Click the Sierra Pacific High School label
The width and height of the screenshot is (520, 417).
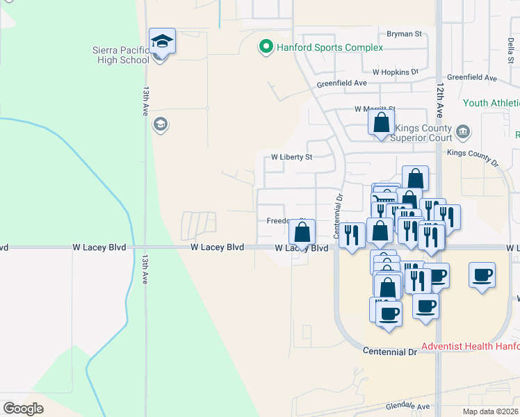point(121,55)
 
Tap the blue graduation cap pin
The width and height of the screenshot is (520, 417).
point(162,42)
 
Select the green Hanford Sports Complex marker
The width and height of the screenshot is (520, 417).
point(265,47)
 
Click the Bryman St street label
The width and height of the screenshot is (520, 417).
point(405,33)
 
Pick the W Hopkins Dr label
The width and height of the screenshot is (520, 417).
point(395,72)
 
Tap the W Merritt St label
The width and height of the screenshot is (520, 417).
point(374,109)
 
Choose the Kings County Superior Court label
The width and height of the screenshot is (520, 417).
point(423,133)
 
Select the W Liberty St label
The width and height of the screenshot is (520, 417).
point(291,157)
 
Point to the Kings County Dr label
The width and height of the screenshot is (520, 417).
point(473,156)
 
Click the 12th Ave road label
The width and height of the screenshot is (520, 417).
point(440,97)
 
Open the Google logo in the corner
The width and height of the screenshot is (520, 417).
point(23,408)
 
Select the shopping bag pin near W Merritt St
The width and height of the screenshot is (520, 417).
point(381,123)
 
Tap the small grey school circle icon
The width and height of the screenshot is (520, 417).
point(159,124)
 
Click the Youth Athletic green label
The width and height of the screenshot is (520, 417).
point(491,103)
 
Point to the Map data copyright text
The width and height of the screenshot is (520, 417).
point(491,411)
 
